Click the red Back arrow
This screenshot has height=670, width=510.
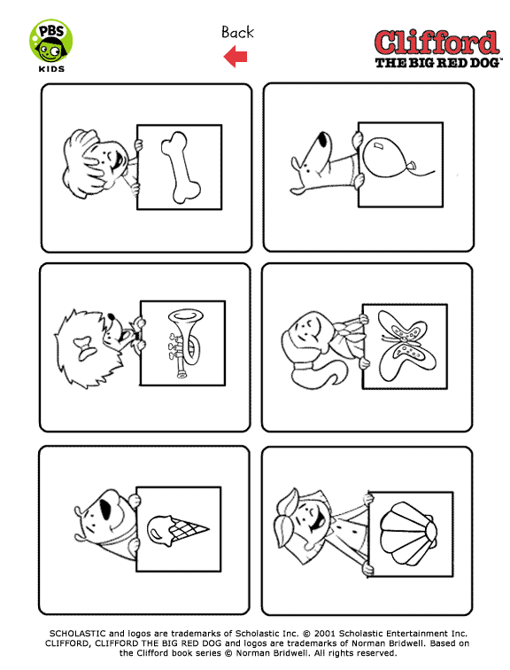[x=236, y=57]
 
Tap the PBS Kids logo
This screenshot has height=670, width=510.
[x=51, y=46]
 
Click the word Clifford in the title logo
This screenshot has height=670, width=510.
[x=437, y=43]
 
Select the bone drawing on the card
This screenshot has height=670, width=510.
[x=181, y=167]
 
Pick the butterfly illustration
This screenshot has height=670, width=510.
[x=405, y=346]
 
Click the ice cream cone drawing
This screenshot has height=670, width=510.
[x=178, y=530]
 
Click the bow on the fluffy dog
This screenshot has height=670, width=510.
[x=85, y=347]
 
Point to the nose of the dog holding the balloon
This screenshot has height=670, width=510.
[x=324, y=139]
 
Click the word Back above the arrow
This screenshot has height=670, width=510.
[x=237, y=32]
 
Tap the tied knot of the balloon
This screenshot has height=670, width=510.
[x=412, y=166]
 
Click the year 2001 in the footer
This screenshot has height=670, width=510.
[x=325, y=634]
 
